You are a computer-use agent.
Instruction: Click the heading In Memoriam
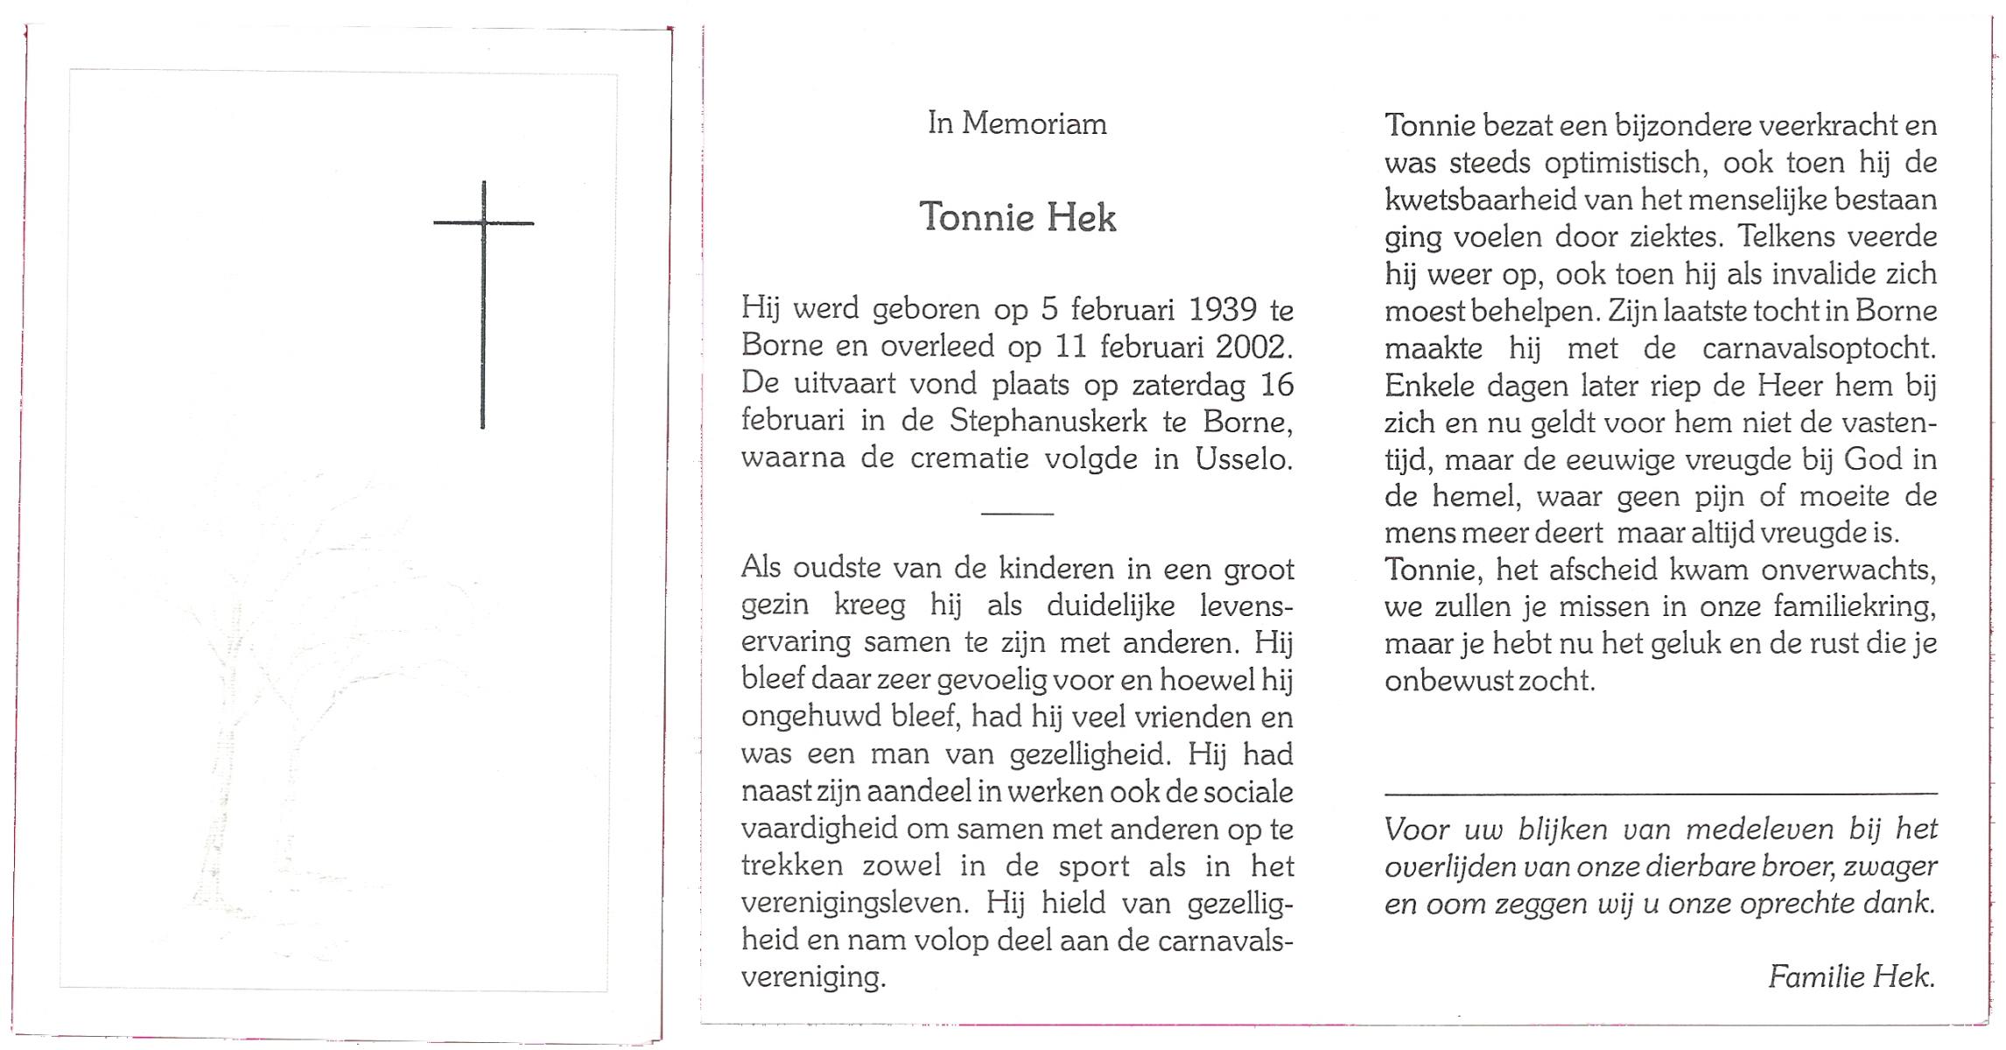point(1017,124)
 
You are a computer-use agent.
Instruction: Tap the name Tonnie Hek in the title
point(1018,217)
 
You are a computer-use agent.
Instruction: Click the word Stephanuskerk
point(1049,422)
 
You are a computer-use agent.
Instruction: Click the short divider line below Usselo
point(1017,514)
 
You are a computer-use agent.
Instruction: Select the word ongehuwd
point(806,717)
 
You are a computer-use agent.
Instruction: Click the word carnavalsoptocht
point(1819,349)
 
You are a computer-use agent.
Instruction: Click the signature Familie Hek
point(1851,976)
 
